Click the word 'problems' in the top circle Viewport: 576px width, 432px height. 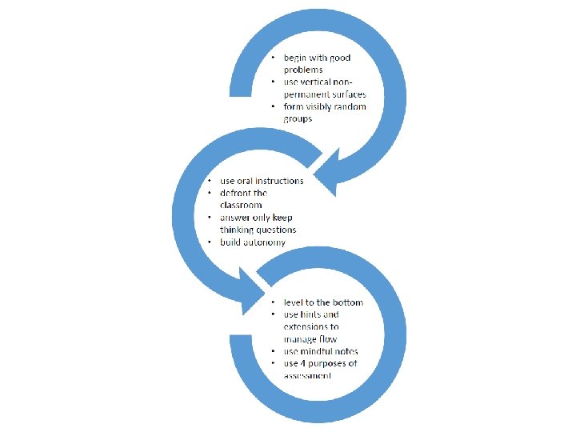302,70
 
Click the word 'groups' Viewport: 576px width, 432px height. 298,119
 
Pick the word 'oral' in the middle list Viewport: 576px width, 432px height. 246,181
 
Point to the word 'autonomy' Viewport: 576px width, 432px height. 263,242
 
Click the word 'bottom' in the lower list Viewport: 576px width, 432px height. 346,302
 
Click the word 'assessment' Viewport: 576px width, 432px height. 307,376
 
